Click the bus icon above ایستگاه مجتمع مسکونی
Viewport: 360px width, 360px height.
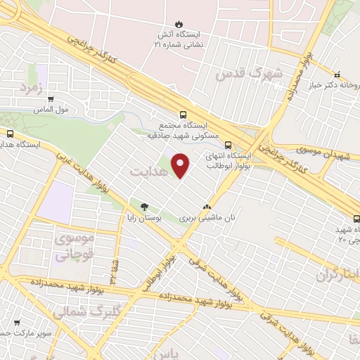184,115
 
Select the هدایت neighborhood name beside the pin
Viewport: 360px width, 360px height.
148,170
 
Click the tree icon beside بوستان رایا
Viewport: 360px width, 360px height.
145,207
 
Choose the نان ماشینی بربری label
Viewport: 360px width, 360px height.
207,219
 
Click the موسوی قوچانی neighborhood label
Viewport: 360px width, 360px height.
72,248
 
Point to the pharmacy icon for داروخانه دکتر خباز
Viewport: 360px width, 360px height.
337,75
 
